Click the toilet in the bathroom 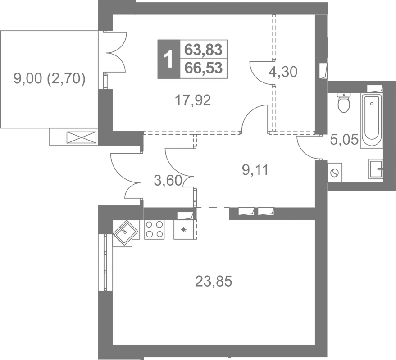tap(344, 103)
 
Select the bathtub tap(372, 121)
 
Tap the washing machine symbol tap(335, 173)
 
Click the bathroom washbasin tap(376, 169)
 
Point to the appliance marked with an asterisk tap(184, 230)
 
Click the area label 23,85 tap(214, 281)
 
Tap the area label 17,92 tap(193, 100)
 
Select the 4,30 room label tap(283, 72)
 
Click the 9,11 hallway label tap(255, 170)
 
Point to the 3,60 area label tap(168, 181)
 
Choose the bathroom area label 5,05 tap(344, 140)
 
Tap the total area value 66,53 tap(204, 68)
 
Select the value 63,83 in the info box tap(204, 50)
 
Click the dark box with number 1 tap(168, 59)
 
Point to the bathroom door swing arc tap(306, 149)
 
